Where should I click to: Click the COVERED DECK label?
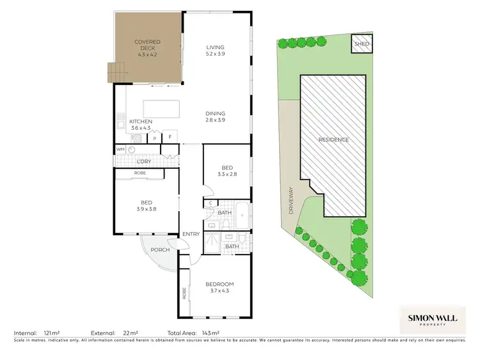[147, 49]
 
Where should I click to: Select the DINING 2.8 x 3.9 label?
[216, 117]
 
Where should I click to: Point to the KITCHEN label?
[141, 125]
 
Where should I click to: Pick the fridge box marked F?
[170, 136]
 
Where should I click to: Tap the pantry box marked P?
[154, 137]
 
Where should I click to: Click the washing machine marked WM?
[120, 149]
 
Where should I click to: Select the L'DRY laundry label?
[144, 161]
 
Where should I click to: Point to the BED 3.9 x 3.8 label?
[147, 205]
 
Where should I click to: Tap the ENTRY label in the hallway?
[191, 234]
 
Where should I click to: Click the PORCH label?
[160, 250]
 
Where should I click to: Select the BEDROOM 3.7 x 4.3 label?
[220, 288]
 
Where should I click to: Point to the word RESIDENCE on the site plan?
[334, 139]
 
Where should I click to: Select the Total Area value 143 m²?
[211, 333]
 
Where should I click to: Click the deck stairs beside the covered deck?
[115, 72]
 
